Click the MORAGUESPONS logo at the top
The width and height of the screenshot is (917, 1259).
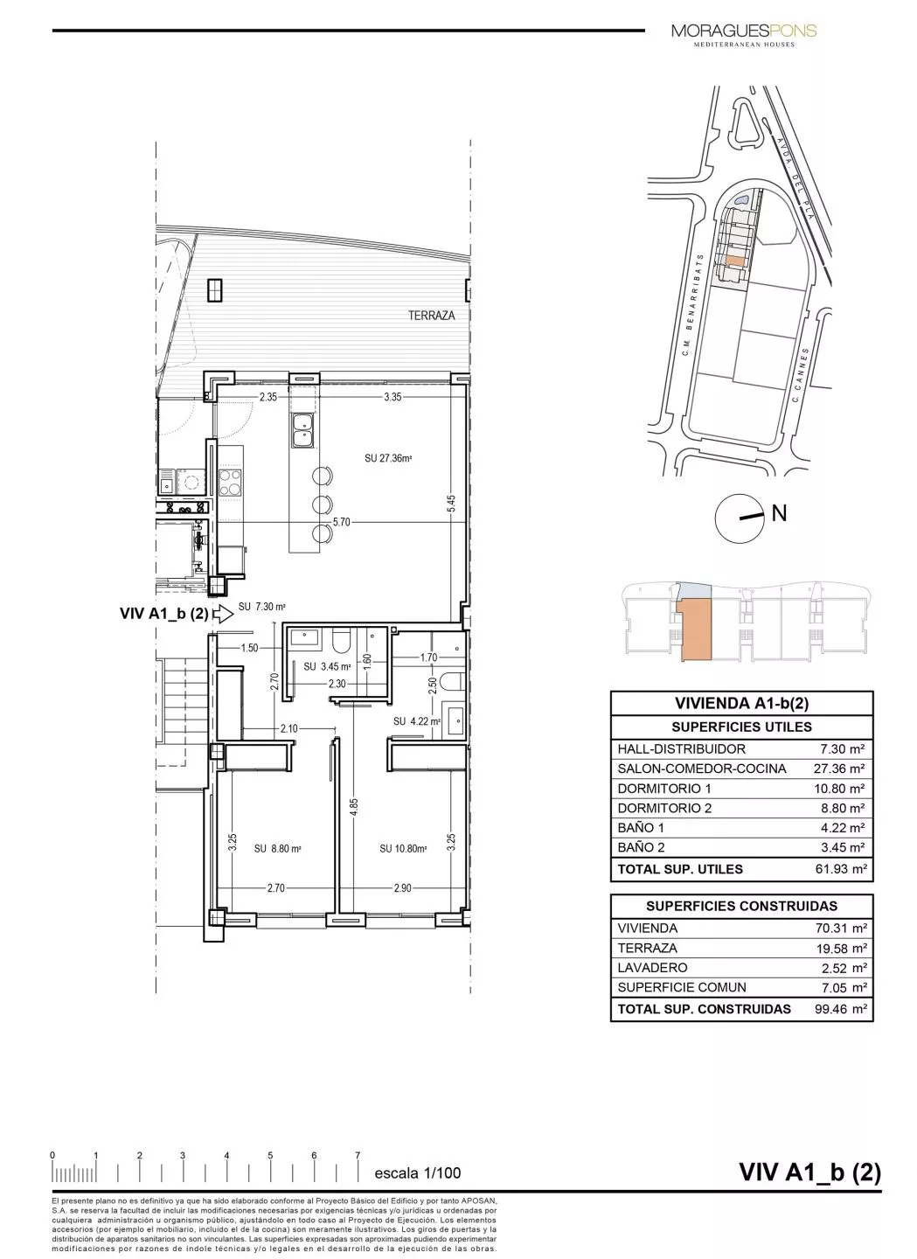(x=744, y=32)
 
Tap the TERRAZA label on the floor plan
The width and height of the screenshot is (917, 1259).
(x=432, y=316)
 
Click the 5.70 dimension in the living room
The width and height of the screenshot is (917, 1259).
(x=341, y=522)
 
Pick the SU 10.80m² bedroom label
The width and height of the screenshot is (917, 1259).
(x=403, y=848)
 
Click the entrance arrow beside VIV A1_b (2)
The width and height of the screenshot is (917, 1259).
(x=223, y=614)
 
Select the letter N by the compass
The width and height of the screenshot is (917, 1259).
(x=779, y=513)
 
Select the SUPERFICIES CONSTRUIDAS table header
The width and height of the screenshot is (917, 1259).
(x=741, y=906)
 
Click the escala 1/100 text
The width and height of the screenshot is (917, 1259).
(x=417, y=1173)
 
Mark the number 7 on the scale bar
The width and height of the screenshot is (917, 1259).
(x=358, y=1155)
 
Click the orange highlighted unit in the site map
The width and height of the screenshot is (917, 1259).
(x=736, y=260)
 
